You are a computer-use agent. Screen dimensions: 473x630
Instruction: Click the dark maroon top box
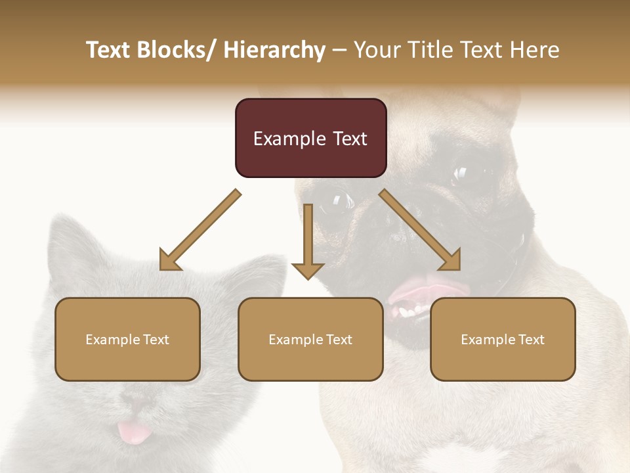click(310, 138)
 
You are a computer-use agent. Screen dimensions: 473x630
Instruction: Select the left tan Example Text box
click(127, 339)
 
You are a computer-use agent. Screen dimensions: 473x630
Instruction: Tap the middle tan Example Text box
click(310, 339)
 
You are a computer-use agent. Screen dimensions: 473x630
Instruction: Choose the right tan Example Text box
click(503, 339)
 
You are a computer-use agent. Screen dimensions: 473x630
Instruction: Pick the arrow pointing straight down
click(308, 243)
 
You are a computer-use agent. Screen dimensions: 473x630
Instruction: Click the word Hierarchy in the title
click(274, 50)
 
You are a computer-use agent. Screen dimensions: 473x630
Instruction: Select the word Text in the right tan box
click(531, 340)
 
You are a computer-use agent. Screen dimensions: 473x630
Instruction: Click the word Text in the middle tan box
click(339, 340)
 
